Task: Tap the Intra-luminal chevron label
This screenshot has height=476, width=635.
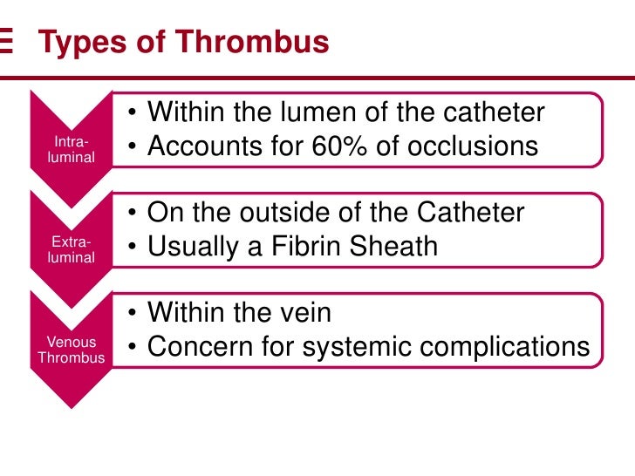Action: (x=71, y=149)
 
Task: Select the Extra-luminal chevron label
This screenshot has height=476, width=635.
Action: (x=71, y=249)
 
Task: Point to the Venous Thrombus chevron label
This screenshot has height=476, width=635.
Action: (x=71, y=350)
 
